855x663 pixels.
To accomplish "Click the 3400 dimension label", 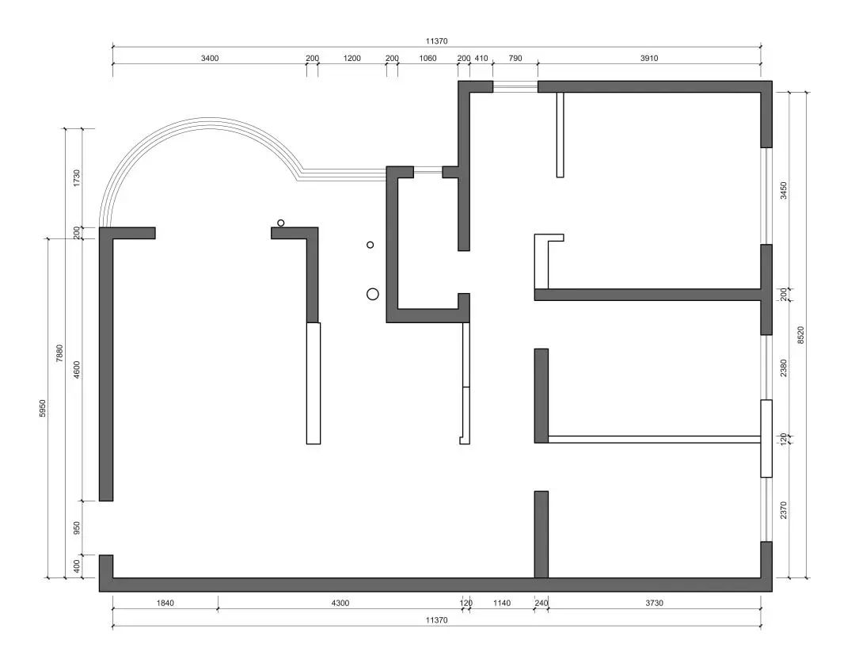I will [210, 58].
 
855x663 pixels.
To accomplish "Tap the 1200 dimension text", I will [351, 58].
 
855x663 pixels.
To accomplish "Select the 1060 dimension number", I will [427, 58].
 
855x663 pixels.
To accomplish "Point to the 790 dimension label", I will [515, 58].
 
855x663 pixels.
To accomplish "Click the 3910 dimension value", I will [649, 58].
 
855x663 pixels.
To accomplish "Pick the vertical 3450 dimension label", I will [784, 191].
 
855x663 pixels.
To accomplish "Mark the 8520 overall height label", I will [801, 335].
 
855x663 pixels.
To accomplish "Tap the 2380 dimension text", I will [784, 368].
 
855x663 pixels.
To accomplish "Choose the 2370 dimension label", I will [784, 510].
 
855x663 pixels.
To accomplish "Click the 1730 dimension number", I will [77, 177].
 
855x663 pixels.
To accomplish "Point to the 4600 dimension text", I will [77, 370].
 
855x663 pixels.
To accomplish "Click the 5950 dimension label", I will [42, 409].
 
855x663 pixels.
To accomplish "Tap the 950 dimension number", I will [77, 528].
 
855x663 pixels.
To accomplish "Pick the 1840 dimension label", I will [165, 604].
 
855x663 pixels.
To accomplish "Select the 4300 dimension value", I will [340, 604].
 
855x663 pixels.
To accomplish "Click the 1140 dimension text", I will [502, 604].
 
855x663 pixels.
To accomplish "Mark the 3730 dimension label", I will [654, 604].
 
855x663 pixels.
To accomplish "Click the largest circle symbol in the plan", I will [373, 295].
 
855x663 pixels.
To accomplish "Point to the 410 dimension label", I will [481, 58].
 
